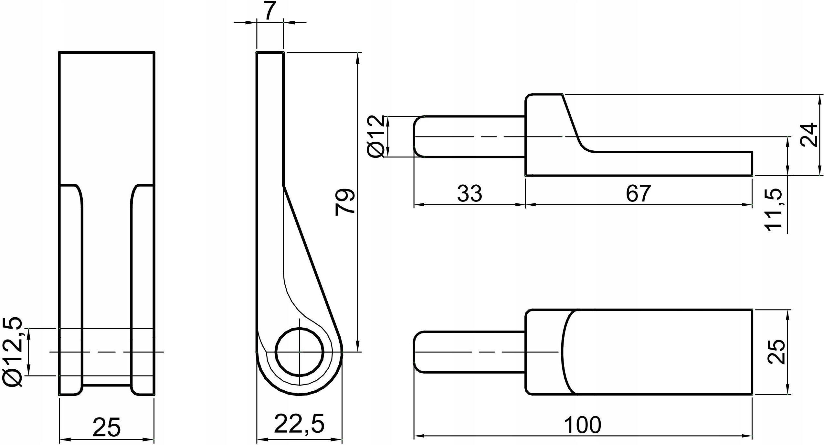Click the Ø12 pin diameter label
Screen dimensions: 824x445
[376, 136]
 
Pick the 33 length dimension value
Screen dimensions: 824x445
[470, 194]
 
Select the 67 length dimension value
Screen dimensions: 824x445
[638, 194]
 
